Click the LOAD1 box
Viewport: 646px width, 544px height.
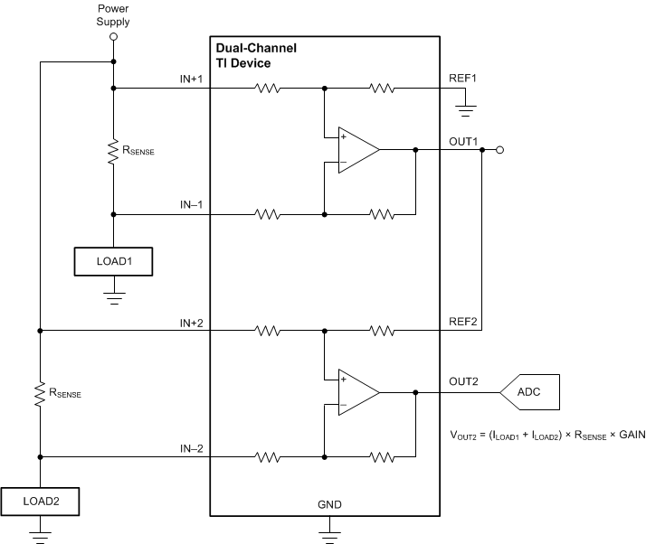click(113, 261)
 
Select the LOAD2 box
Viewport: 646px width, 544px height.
click(39, 499)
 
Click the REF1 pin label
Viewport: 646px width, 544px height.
click(462, 79)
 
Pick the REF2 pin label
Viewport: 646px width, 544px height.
click(462, 321)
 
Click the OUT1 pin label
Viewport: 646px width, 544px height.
click(462, 141)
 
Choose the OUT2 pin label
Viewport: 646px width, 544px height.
click(462, 382)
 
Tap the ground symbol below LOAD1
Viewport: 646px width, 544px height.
click(113, 295)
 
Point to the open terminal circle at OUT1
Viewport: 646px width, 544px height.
click(499, 151)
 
